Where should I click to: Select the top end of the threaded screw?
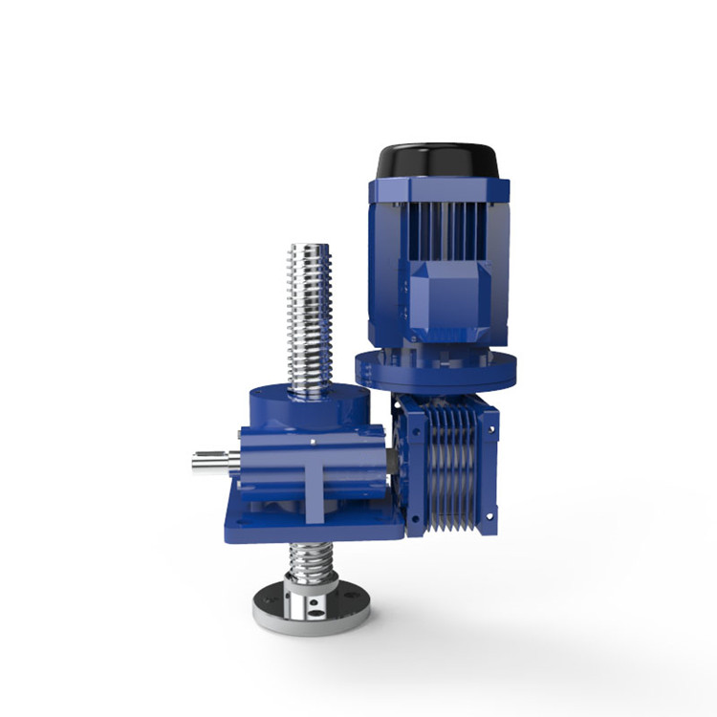point(310,252)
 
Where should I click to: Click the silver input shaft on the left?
point(212,461)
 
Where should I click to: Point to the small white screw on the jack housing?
point(315,441)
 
